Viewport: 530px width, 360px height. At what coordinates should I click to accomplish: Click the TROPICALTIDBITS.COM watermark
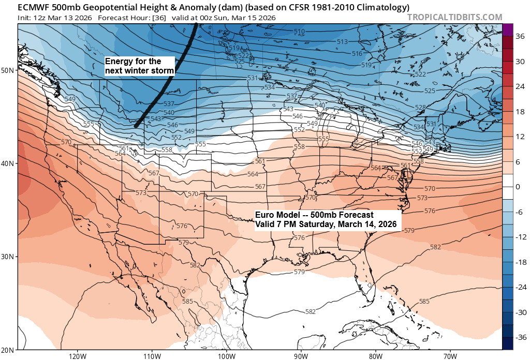(x=455, y=17)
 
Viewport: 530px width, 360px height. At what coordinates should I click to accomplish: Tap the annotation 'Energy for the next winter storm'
(x=140, y=66)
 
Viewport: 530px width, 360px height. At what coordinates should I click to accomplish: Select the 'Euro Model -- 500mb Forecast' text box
(x=326, y=219)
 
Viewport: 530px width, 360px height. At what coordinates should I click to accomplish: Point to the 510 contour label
(x=299, y=32)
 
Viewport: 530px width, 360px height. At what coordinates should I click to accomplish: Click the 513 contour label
(x=342, y=42)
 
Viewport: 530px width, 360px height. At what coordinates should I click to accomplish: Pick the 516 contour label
(x=372, y=54)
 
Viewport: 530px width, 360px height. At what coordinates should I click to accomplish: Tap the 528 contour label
(x=420, y=107)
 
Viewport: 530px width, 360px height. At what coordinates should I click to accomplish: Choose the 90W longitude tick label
(x=301, y=356)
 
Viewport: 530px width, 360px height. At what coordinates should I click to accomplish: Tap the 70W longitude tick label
(x=450, y=356)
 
